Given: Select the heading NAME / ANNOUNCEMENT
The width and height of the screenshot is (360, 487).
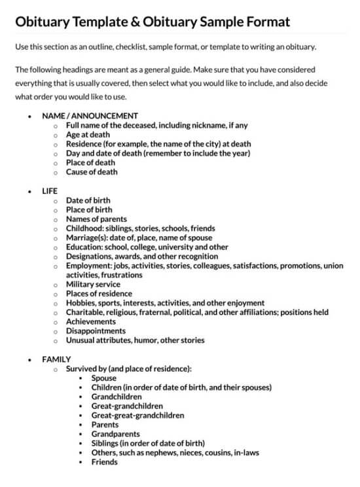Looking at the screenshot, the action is point(90,116).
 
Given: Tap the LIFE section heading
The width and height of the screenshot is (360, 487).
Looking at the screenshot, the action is point(50,191).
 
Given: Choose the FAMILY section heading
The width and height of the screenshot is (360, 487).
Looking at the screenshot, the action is point(56,359).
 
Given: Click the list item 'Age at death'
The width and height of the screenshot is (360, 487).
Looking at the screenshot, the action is point(88,135).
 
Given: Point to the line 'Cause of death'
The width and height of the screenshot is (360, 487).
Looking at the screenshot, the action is point(92,172).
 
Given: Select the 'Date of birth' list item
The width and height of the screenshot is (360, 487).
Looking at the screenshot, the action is point(88,200).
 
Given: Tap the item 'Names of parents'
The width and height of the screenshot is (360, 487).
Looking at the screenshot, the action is point(96,219).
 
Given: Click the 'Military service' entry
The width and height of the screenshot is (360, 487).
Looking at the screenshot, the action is point(93,285).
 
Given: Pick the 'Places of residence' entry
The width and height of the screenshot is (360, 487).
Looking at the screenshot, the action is point(99,294).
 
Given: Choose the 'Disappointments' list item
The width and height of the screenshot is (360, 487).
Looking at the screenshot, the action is point(96,331).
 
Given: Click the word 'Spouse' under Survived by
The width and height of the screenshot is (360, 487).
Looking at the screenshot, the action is point(104,378).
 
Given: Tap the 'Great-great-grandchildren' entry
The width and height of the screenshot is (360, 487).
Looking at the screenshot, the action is point(137,415).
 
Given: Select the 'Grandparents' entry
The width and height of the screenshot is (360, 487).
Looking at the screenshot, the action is point(115,434).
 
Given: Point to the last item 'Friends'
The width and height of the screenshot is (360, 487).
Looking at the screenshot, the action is point(105,462).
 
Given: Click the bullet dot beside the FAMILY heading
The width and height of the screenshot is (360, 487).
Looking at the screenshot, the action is point(29,360).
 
